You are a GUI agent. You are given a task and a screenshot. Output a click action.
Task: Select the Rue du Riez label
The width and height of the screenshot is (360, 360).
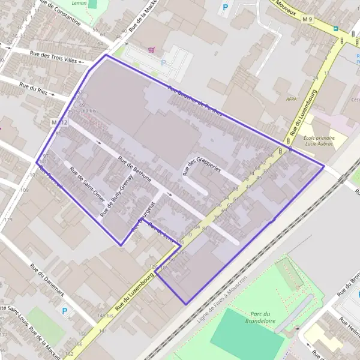click(33, 89)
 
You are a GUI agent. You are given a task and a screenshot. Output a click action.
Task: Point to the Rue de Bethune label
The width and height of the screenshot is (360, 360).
click(135, 170)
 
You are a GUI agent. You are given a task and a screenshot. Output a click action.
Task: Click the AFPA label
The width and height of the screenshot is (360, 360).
click(292, 100)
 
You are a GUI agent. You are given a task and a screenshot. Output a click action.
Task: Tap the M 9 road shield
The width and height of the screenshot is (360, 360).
click(308, 20)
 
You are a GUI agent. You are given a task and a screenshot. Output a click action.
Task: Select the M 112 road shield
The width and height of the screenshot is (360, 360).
click(60, 122)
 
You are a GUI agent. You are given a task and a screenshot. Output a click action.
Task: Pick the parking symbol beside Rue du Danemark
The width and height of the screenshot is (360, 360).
click(65, 311)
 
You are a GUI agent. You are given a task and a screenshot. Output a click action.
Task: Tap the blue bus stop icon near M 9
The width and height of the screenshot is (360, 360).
click(336, 28)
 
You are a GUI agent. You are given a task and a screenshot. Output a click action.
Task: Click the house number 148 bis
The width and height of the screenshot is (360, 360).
click(105, 316)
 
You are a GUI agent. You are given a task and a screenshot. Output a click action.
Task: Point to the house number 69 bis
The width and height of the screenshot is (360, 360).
click(89, 111)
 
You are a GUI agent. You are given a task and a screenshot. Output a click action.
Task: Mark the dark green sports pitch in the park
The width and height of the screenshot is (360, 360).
click(247, 332)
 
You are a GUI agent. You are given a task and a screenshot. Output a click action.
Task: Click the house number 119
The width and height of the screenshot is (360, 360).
click(8, 220)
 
